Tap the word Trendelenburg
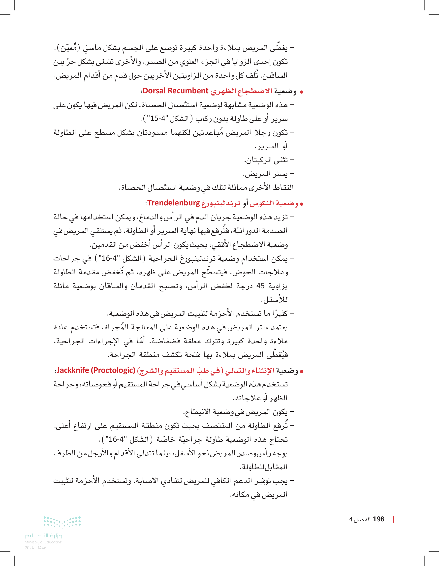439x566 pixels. pyautogui.click(x=174, y=203)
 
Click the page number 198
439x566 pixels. pyautogui.click(x=378, y=519)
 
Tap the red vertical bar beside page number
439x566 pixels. pyautogui.click(x=394, y=519)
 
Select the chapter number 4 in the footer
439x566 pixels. pyautogui.click(x=351, y=519)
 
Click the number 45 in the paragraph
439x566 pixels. pyautogui.click(x=260, y=286)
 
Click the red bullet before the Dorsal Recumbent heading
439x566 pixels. pyautogui.click(x=301, y=92)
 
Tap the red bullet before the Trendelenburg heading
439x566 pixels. pyautogui.click(x=301, y=204)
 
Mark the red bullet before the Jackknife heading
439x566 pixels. pyautogui.click(x=301, y=372)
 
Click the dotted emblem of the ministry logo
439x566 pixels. pyautogui.click(x=62, y=522)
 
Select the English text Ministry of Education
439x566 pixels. pyautogui.click(x=44, y=542)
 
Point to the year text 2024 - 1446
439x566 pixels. pyautogui.click(x=35, y=548)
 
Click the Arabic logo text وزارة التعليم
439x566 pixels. pyautogui.click(x=44, y=536)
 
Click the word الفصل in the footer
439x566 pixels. pyautogui.click(x=362, y=519)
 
